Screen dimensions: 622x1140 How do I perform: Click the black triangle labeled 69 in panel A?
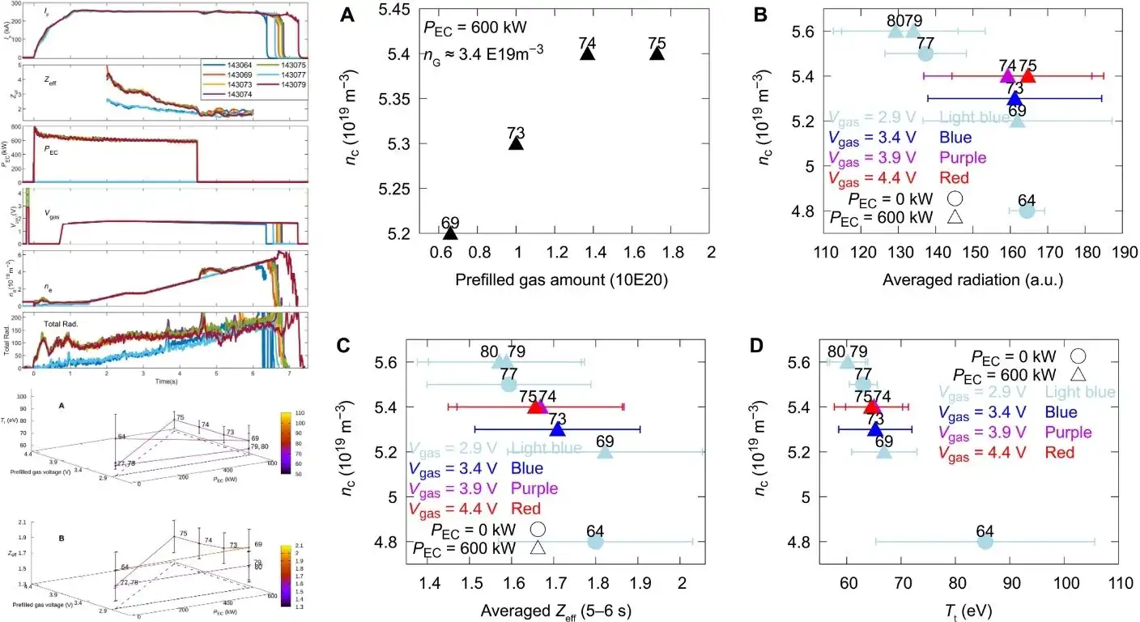point(451,233)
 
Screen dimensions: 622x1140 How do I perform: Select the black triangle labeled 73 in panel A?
point(517,143)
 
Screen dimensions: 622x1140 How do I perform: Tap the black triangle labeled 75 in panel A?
point(657,53)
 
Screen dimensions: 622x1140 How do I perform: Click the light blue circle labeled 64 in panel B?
point(1027,211)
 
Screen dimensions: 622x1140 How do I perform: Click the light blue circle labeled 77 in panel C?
point(509,385)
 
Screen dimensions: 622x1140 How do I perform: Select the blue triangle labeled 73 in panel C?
point(557,429)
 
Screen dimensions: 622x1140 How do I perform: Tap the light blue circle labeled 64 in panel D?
point(985,541)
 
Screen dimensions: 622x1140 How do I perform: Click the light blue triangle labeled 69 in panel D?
point(884,452)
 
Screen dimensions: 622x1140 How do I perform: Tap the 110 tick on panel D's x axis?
point(1121,582)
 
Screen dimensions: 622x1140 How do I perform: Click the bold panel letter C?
point(342,346)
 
